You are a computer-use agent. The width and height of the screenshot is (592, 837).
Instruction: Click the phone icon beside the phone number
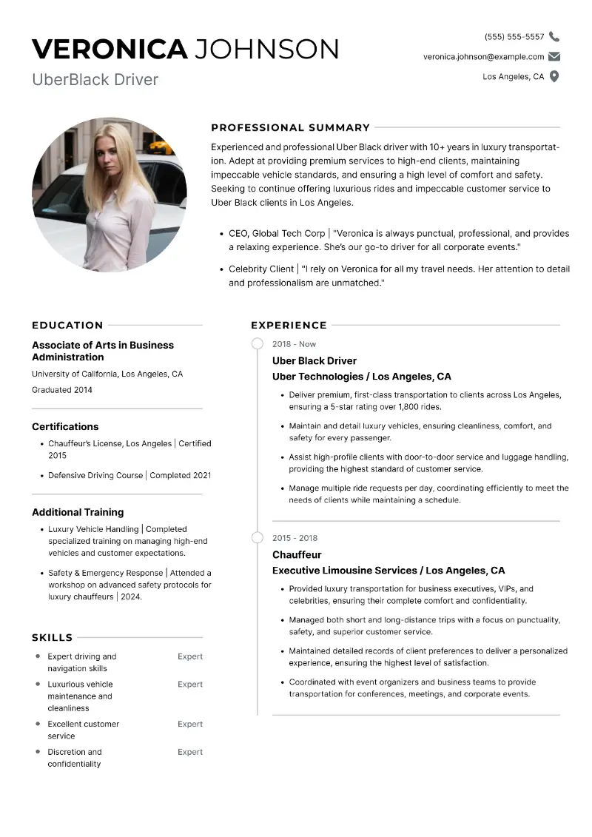click(554, 37)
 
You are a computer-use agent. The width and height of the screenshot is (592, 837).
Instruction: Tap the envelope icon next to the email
click(554, 56)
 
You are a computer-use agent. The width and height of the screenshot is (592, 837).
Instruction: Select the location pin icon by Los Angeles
click(554, 76)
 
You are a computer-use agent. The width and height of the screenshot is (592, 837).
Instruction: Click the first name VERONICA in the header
click(110, 49)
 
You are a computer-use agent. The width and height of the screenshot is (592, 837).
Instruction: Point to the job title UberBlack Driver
click(95, 79)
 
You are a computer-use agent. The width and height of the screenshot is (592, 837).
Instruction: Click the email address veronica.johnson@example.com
click(483, 56)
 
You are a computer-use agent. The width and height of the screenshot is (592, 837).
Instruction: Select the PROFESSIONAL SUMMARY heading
click(290, 127)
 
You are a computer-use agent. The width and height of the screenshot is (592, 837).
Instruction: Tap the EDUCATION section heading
click(67, 325)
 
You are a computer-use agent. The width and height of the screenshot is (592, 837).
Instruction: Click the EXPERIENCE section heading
click(289, 325)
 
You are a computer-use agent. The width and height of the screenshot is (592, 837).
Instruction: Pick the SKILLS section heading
click(52, 637)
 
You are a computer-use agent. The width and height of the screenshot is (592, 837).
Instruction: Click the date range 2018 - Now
click(294, 344)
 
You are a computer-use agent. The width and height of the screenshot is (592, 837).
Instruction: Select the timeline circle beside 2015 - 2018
click(257, 537)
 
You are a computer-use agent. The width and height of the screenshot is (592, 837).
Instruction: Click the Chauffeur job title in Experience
click(297, 554)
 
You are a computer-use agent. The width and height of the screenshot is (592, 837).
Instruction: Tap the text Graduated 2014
click(62, 390)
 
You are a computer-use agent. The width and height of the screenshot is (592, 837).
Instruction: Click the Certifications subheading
click(65, 426)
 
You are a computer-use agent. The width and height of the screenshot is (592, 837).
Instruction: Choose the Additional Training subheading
click(78, 512)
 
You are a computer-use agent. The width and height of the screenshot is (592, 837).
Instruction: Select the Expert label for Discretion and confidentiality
click(190, 752)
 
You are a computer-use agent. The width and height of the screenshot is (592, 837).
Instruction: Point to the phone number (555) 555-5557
click(514, 37)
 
